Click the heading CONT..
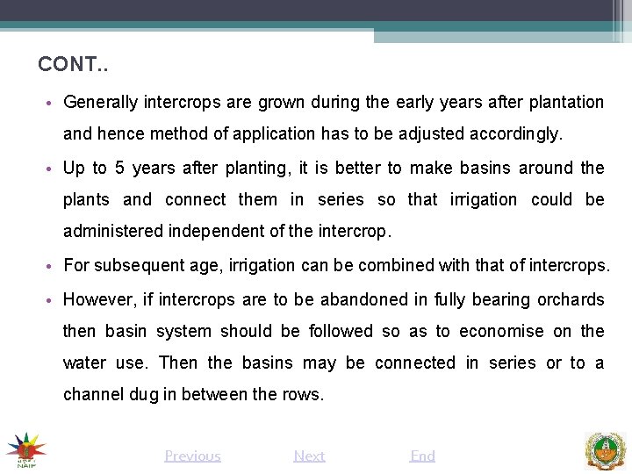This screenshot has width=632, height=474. [x=73, y=65]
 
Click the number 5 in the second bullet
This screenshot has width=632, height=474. [x=119, y=168]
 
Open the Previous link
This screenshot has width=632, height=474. [x=192, y=456]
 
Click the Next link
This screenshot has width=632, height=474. [x=309, y=456]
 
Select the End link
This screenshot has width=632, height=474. [x=422, y=456]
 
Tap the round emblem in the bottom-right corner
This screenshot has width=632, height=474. [x=606, y=449]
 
